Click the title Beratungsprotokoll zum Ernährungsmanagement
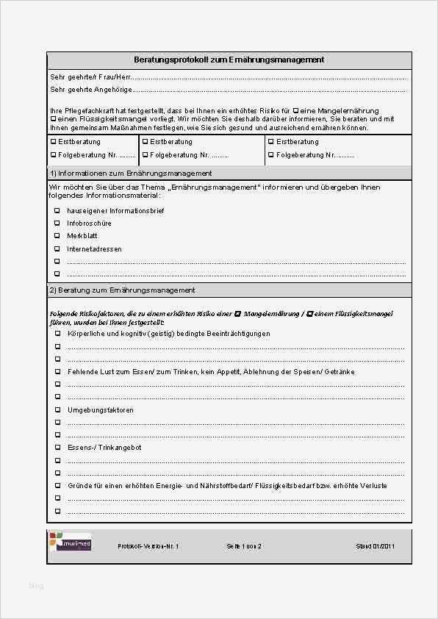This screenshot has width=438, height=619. click(x=229, y=60)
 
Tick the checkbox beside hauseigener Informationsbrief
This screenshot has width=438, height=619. click(x=57, y=211)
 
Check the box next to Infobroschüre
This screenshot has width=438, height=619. click(x=57, y=223)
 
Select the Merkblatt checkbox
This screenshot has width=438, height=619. click(x=57, y=236)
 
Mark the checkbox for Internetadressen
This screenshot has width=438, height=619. click(x=57, y=248)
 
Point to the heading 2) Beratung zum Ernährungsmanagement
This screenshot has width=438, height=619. click(x=122, y=290)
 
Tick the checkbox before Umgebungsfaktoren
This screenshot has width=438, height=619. click(x=57, y=409)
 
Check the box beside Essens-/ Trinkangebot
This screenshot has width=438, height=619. click(x=57, y=447)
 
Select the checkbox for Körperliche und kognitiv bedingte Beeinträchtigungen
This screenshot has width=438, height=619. click(x=57, y=333)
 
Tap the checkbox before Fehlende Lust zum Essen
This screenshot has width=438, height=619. click(x=57, y=371)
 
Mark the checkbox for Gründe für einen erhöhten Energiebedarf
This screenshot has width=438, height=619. click(x=57, y=485)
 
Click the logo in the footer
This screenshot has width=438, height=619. click(x=71, y=543)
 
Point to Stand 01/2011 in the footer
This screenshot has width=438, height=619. click(x=376, y=547)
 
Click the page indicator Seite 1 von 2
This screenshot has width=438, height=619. click(x=245, y=547)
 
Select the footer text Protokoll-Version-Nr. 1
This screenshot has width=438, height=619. click(x=148, y=547)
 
